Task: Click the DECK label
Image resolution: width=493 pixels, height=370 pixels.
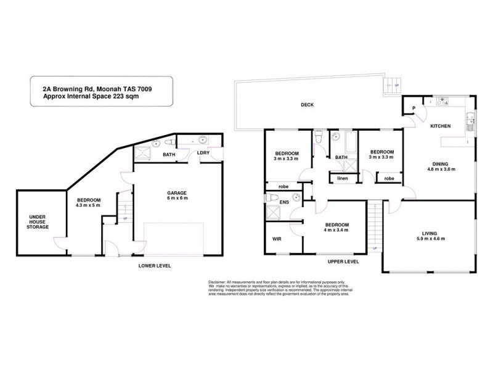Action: coord(307,105)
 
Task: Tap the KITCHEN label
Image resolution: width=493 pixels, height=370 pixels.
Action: coord(440,126)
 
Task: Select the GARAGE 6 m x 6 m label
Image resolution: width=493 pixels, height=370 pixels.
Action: coord(177,196)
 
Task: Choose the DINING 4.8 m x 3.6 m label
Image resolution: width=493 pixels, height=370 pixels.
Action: coord(439,166)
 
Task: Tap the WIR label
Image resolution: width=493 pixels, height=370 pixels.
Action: coord(277,239)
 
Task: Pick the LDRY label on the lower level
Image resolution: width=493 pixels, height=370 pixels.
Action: coord(203,154)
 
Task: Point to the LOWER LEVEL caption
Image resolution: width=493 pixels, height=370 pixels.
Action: coord(154,265)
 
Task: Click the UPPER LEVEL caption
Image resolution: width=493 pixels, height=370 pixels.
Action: coord(343,261)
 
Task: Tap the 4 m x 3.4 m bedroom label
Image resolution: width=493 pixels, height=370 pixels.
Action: coord(336,227)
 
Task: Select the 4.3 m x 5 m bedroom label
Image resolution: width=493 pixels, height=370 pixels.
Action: coord(88,203)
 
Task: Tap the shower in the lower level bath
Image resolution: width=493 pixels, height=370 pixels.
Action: coord(144,154)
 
